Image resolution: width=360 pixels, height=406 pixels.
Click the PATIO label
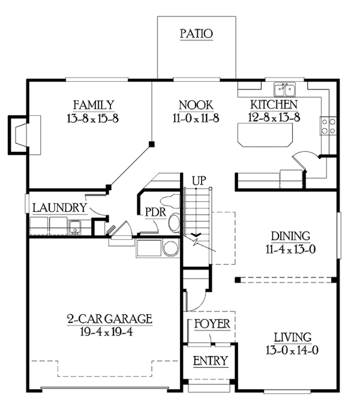(197, 34)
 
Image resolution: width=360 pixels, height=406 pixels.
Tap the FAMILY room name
(94, 105)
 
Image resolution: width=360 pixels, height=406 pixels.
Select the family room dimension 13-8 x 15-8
(93, 118)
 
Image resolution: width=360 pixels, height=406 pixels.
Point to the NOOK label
(196, 105)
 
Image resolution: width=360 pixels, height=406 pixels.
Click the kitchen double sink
(284, 89)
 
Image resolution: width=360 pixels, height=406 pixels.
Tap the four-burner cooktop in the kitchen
(328, 126)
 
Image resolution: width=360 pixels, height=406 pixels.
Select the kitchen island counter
(265, 135)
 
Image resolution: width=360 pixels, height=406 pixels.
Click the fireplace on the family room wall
(25, 135)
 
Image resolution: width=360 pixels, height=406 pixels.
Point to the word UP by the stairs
(199, 180)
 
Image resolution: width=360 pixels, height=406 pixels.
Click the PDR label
(155, 212)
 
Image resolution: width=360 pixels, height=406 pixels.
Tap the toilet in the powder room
(175, 222)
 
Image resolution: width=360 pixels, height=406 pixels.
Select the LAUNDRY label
(60, 208)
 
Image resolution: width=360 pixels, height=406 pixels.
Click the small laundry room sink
(75, 227)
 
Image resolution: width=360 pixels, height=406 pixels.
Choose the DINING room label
(290, 236)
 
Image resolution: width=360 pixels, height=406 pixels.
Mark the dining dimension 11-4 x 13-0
(290, 249)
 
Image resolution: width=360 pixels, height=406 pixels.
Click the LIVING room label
(293, 337)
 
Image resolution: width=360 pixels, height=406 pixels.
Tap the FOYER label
(212, 324)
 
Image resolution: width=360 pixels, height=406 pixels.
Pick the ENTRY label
(211, 361)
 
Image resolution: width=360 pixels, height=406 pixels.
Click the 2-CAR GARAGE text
(110, 319)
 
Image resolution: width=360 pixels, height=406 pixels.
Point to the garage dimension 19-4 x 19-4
(107, 332)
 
